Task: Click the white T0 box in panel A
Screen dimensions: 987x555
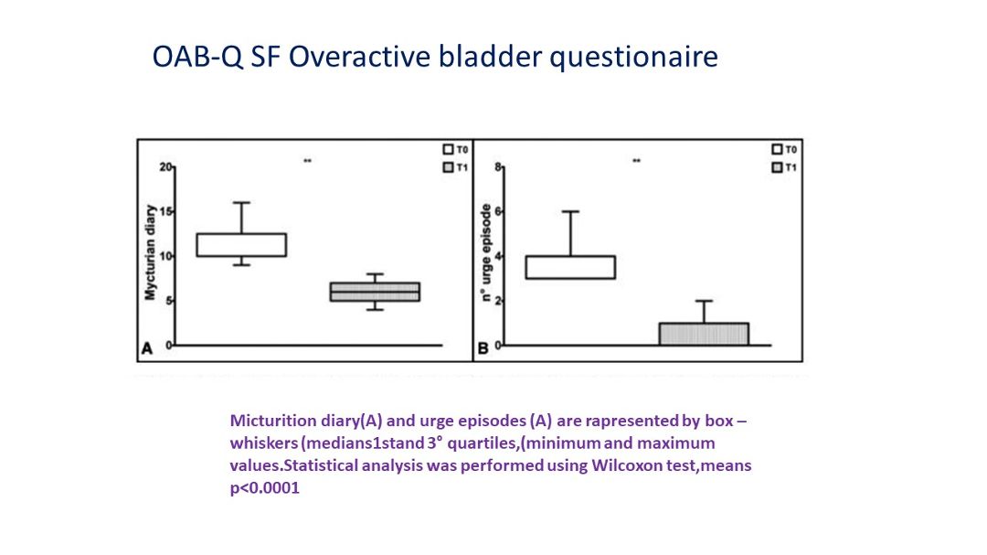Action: [241, 245]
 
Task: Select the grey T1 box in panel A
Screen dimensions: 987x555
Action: [376, 292]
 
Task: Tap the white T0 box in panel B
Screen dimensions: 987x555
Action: [570, 267]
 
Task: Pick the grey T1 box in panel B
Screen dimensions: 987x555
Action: [704, 334]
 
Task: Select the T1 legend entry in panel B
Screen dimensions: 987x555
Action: [784, 167]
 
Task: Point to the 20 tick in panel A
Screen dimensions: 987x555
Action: [165, 167]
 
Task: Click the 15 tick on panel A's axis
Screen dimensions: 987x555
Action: [165, 212]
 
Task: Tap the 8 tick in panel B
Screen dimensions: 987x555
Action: [499, 167]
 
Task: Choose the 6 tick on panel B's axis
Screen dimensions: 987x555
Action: [499, 212]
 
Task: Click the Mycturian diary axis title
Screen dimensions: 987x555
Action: [150, 252]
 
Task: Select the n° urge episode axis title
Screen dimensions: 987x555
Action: [485, 252]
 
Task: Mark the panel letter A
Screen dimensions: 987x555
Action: [146, 348]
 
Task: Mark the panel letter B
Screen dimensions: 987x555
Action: [483, 348]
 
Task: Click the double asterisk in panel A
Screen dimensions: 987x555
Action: [307, 161]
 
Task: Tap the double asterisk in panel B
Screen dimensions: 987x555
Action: [636, 161]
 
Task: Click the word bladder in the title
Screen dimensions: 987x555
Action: [490, 57]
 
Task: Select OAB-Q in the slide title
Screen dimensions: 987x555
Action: [197, 58]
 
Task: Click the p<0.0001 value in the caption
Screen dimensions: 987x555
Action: [265, 488]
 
